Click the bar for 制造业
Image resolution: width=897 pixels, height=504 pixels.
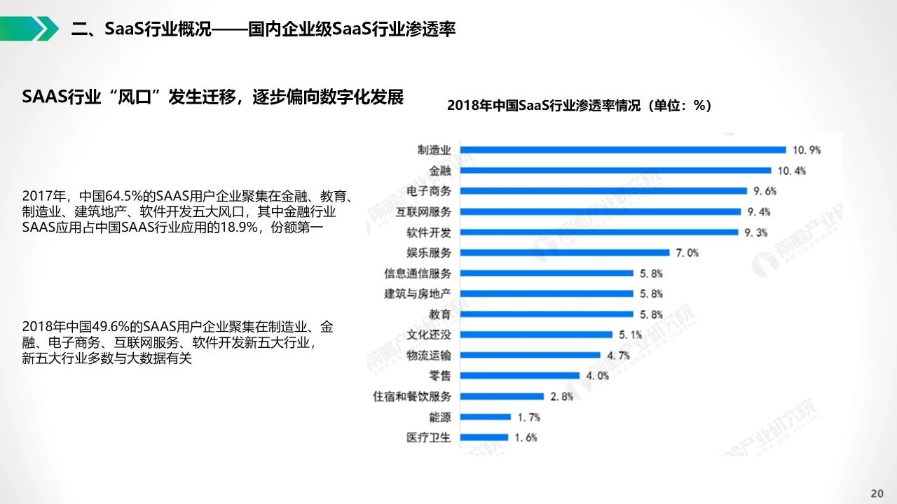tap(622, 149)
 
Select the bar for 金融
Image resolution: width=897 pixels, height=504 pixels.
tap(615, 170)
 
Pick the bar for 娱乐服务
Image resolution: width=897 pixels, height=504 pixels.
tap(565, 253)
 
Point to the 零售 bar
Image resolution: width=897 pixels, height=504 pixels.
tap(519, 375)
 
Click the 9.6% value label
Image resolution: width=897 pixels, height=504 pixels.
tap(764, 191)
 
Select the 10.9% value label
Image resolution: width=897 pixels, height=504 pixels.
tap(807, 150)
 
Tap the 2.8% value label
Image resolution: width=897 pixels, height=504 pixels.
tap(561, 396)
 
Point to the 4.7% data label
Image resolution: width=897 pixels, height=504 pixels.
tap(618, 356)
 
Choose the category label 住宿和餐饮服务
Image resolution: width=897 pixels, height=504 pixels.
tap(412, 396)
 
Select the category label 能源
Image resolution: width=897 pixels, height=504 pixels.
tap(440, 417)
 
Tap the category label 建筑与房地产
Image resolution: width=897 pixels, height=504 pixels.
tap(418, 293)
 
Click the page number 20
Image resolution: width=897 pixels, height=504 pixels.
tap(877, 493)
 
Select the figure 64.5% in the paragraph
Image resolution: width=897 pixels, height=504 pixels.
tap(124, 195)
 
